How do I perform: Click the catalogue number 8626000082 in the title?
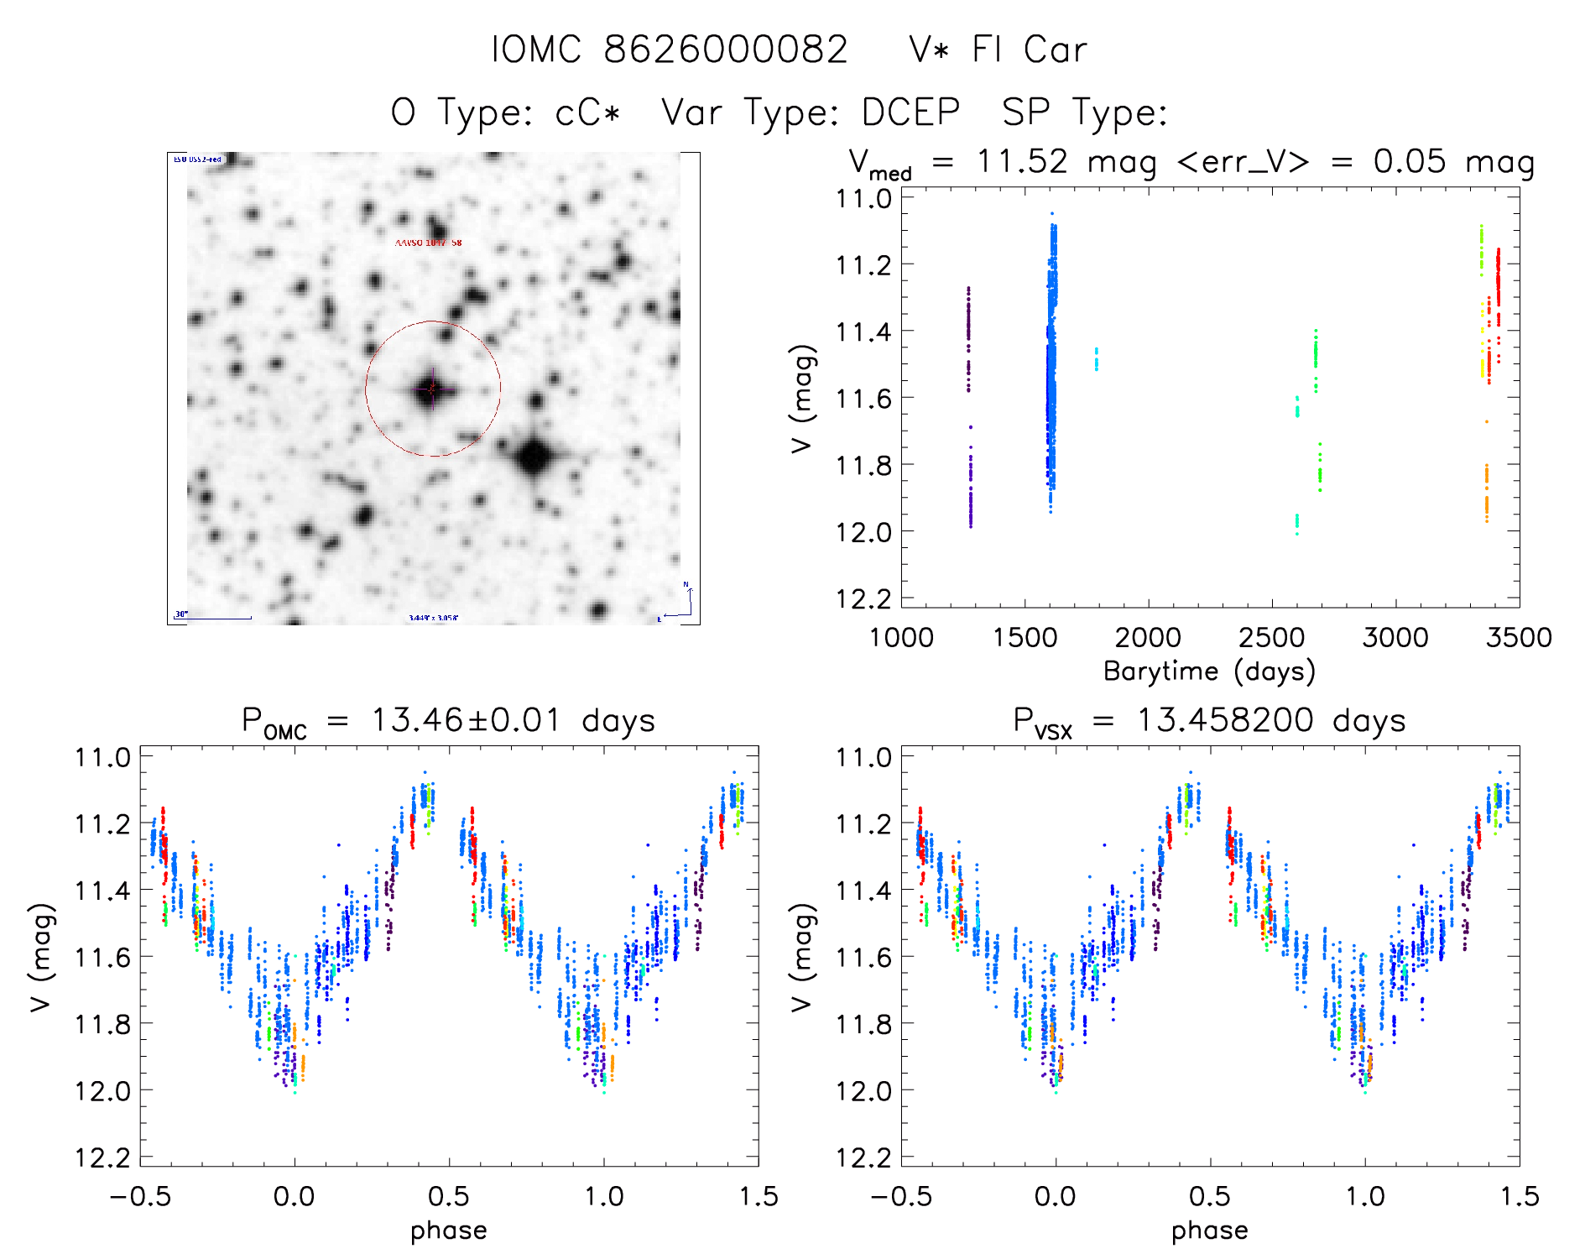tap(726, 50)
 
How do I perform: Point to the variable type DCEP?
tap(910, 112)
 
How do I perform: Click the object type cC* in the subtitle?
tap(587, 112)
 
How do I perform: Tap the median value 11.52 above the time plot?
tap(1022, 161)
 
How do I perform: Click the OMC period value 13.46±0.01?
tap(466, 720)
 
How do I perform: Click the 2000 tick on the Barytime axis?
tap(1148, 637)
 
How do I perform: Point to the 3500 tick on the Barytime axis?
tap(1518, 637)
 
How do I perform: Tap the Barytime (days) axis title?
tap(1209, 671)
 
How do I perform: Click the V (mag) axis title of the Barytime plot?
tap(803, 399)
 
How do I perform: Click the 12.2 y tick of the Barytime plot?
tap(863, 598)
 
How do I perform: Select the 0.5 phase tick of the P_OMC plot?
tap(449, 1196)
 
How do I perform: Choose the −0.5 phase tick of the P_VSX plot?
tap(901, 1196)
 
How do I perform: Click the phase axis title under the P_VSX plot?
tap(1209, 1230)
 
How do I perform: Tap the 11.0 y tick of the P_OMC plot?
tap(102, 757)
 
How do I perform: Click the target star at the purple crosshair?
tap(432, 389)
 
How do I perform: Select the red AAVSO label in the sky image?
tap(428, 243)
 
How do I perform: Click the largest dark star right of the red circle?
tap(534, 458)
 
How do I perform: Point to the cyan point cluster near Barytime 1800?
tap(1096, 359)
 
